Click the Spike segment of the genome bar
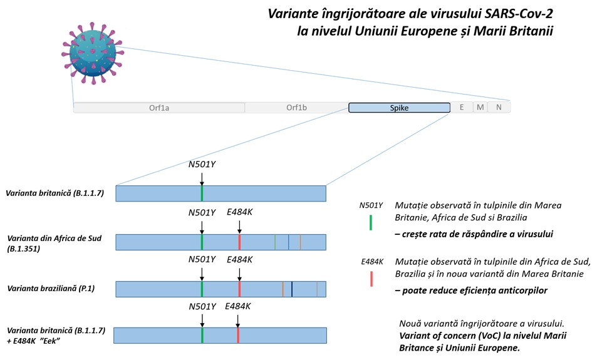[x=399, y=108]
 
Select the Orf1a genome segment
[x=159, y=108]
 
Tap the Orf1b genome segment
[x=297, y=108]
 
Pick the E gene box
[x=462, y=108]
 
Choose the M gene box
[x=480, y=108]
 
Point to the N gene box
[x=499, y=108]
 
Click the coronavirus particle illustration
[x=93, y=53]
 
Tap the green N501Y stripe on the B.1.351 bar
[x=202, y=242]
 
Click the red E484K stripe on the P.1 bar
[x=239, y=289]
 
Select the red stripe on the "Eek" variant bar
[x=238, y=336]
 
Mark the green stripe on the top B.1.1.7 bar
[x=202, y=193]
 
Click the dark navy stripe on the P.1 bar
[x=292, y=289]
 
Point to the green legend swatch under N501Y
[x=370, y=223]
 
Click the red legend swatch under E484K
[x=371, y=279]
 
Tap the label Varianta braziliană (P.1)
[x=51, y=289]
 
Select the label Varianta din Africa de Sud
[x=54, y=239]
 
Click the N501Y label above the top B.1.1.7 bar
[x=202, y=165]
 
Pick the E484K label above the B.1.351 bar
[x=239, y=212]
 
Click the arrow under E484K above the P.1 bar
[x=239, y=274]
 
